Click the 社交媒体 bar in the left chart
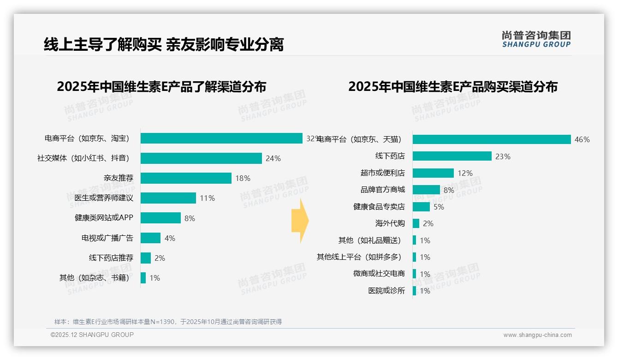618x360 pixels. point(201,158)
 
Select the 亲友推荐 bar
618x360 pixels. point(186,178)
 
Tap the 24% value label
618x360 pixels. point(273,158)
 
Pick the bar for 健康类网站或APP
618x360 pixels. point(160,218)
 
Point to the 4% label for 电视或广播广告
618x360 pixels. point(170,238)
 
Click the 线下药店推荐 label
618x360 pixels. point(111,258)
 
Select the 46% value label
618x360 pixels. point(582,139)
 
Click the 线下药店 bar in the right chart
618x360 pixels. point(452,156)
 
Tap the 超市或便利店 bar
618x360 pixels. point(433,173)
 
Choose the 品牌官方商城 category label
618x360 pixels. point(382,190)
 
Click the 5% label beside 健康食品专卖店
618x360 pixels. point(439,207)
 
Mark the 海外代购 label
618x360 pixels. point(390,223)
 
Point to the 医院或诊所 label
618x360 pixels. point(386,291)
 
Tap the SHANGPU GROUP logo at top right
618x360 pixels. point(536,39)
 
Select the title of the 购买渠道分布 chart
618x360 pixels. point(452,87)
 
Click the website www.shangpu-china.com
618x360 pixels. point(537,335)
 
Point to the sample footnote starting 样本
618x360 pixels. point(168,322)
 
